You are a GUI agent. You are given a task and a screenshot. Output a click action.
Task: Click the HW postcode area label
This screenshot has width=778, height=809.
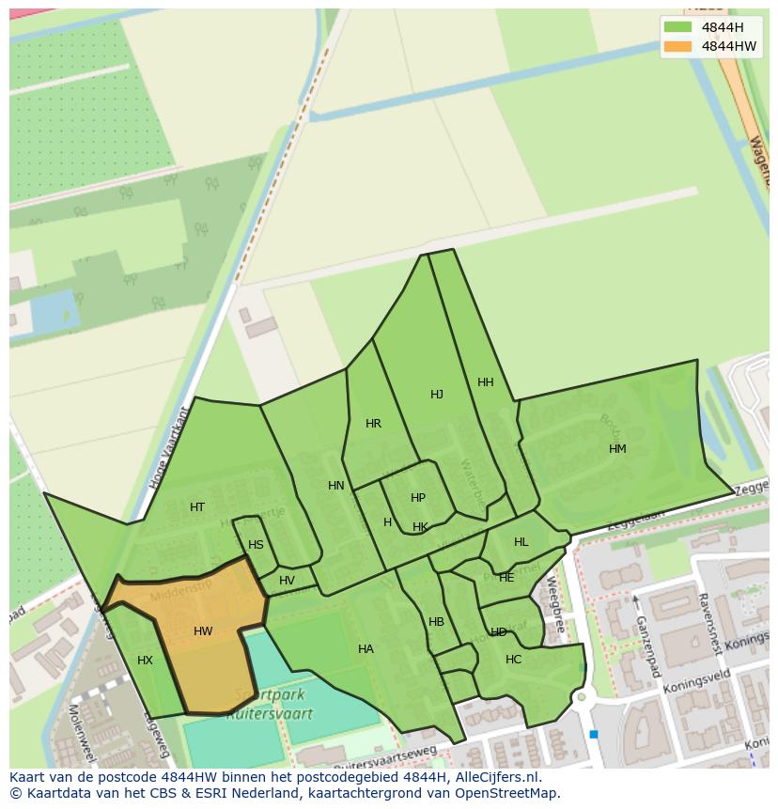203,631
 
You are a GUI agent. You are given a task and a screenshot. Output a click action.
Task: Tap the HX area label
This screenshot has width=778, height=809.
145,661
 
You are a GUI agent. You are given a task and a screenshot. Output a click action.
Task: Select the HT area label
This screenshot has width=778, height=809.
197,507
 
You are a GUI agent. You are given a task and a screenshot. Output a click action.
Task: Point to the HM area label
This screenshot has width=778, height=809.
617,449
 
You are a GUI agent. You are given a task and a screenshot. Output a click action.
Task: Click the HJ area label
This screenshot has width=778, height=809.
437,395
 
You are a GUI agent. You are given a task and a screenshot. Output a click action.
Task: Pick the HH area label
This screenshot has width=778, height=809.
486,382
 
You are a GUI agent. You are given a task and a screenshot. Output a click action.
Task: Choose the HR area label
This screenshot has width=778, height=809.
373,424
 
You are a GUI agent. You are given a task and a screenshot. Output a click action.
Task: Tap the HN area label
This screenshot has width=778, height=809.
336,486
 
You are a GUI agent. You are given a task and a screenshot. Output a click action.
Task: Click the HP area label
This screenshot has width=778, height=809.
418,498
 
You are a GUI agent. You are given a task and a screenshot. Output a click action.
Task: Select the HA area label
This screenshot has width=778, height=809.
366,649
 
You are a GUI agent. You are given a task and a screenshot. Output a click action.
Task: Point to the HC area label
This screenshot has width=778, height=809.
513,660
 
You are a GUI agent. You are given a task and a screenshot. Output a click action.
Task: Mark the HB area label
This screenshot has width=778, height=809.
436,622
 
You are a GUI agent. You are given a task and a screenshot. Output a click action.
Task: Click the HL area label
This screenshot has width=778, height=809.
521,542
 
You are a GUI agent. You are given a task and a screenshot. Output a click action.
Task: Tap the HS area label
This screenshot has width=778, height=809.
256,545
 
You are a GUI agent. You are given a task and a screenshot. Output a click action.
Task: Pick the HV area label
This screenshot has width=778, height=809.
287,581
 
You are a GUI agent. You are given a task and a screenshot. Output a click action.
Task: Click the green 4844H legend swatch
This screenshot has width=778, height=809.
677,27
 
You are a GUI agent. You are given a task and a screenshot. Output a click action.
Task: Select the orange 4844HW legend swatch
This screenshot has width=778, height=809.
677,46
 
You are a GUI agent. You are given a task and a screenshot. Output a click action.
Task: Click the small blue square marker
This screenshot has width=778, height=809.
594,734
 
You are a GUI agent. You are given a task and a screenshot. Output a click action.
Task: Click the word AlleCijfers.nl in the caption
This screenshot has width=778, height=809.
493,778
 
